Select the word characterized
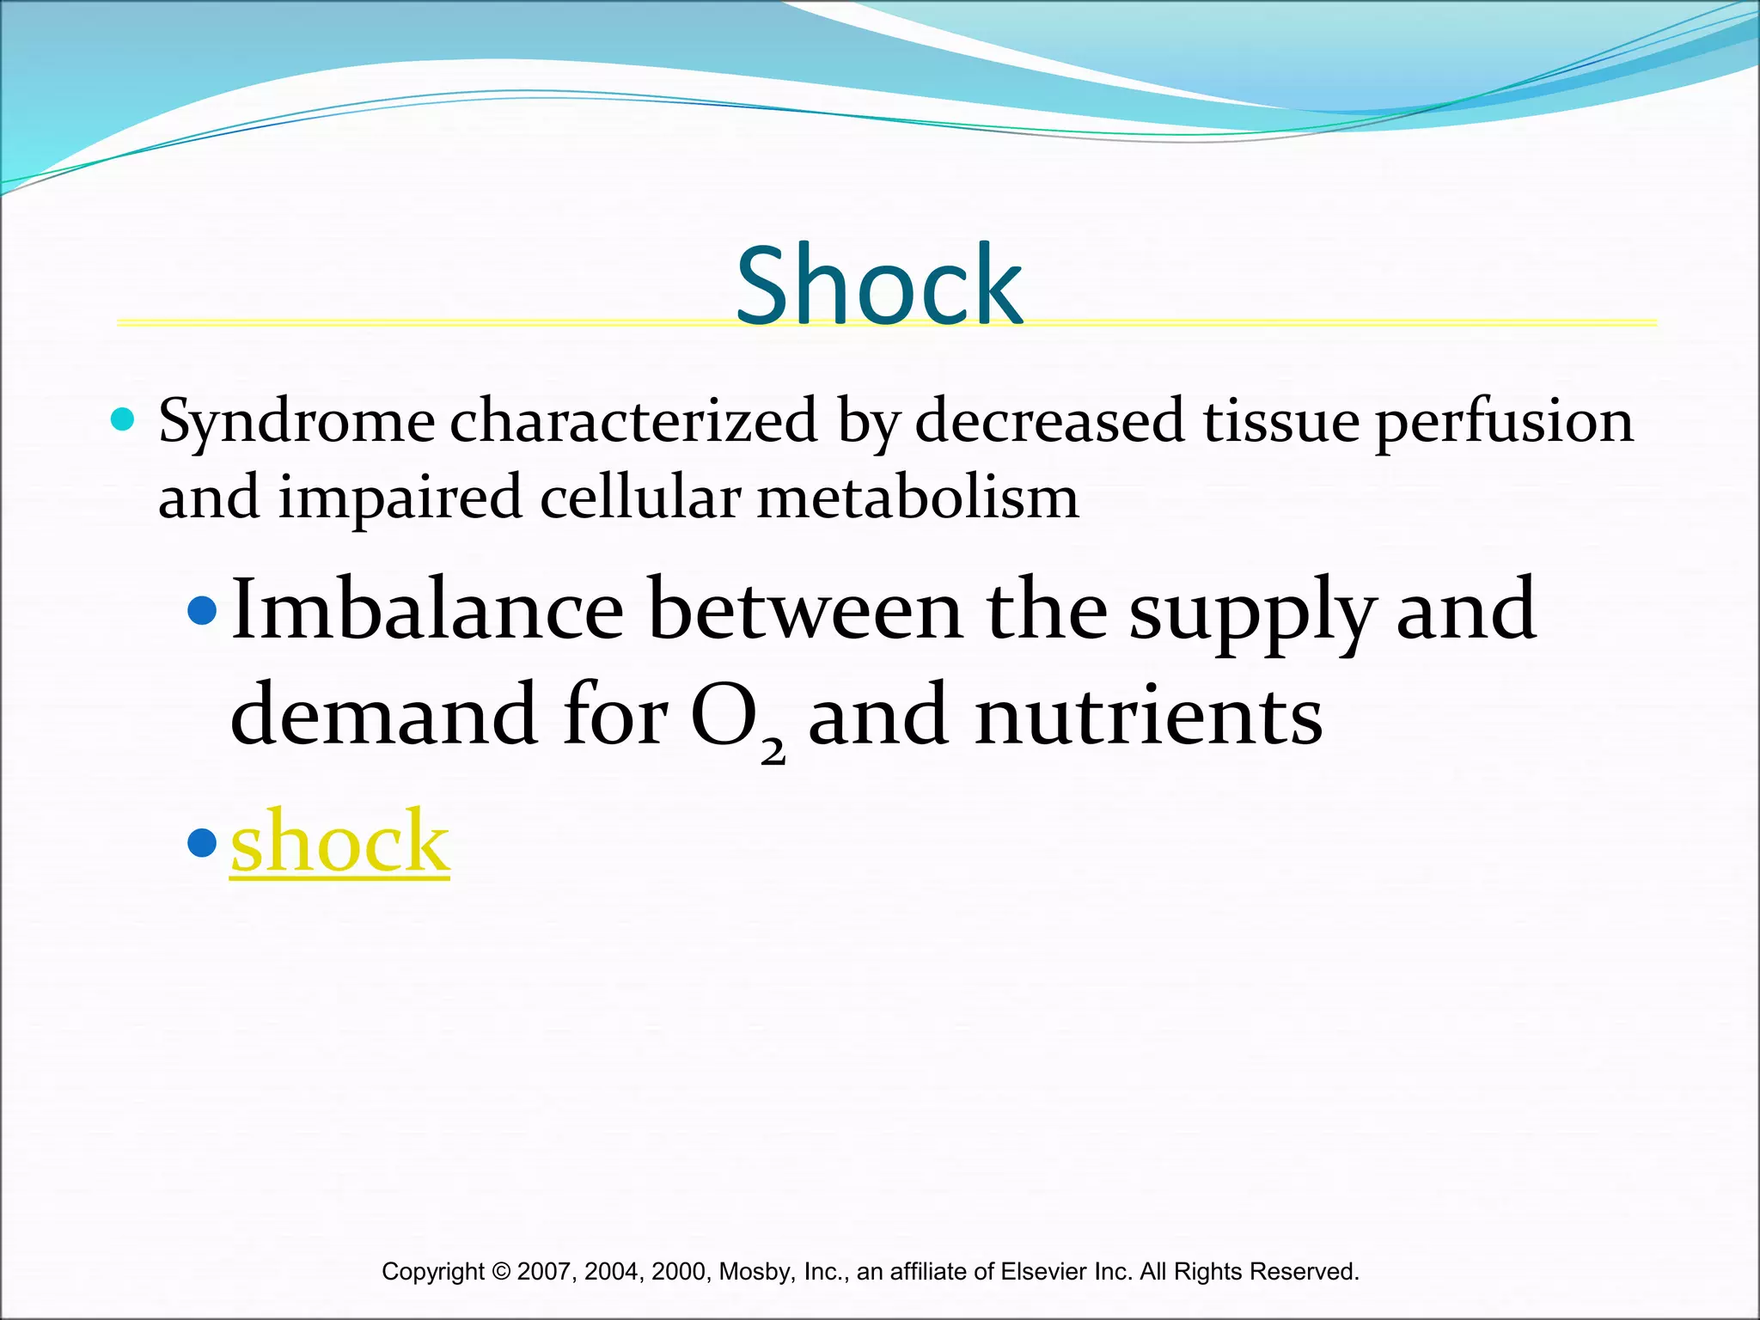click(633, 421)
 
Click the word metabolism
click(917, 498)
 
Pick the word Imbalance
click(427, 609)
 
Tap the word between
click(805, 609)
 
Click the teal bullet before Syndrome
click(123, 420)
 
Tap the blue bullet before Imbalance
click(202, 611)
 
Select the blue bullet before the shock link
click(202, 842)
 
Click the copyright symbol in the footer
click(501, 1271)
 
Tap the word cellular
click(640, 498)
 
